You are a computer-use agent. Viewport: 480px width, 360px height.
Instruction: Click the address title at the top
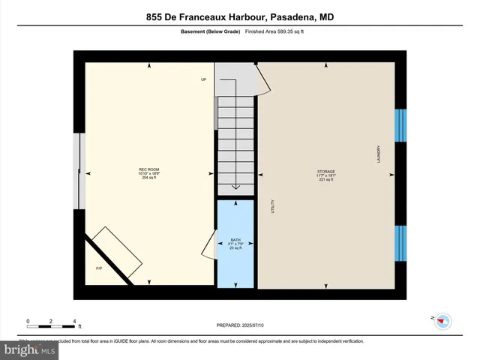[240, 16]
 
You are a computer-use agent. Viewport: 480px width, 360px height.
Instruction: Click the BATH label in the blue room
[235, 244]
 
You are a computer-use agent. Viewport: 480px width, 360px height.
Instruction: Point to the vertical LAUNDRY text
[379, 154]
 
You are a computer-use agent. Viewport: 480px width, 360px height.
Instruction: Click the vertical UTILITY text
[273, 205]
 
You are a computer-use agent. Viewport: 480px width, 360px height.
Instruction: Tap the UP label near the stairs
[203, 79]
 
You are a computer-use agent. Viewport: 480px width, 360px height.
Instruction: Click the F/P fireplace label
[98, 268]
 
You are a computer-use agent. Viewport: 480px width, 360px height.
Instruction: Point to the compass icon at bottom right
[442, 320]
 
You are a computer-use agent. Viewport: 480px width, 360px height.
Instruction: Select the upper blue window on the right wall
[400, 125]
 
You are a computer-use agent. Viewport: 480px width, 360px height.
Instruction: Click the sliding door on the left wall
[77, 172]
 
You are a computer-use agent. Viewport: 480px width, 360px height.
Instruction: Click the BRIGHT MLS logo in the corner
[30, 349]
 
